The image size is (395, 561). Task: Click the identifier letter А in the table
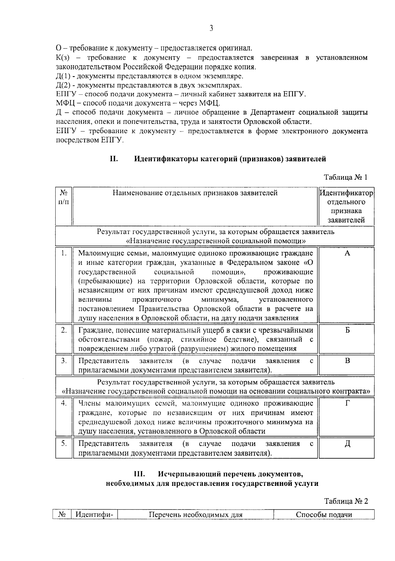coord(347,253)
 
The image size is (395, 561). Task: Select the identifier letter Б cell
coord(347,331)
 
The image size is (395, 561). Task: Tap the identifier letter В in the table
coord(347,361)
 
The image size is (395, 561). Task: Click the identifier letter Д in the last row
coord(347,444)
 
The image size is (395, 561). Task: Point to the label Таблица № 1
coord(346,177)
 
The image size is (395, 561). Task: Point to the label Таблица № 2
coord(346,501)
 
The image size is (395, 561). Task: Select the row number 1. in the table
coord(64,253)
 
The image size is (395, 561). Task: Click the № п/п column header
coord(64,197)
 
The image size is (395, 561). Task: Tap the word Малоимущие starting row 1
coord(99,253)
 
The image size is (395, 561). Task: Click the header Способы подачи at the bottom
coord(324,515)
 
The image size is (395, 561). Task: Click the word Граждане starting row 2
coord(94,331)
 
